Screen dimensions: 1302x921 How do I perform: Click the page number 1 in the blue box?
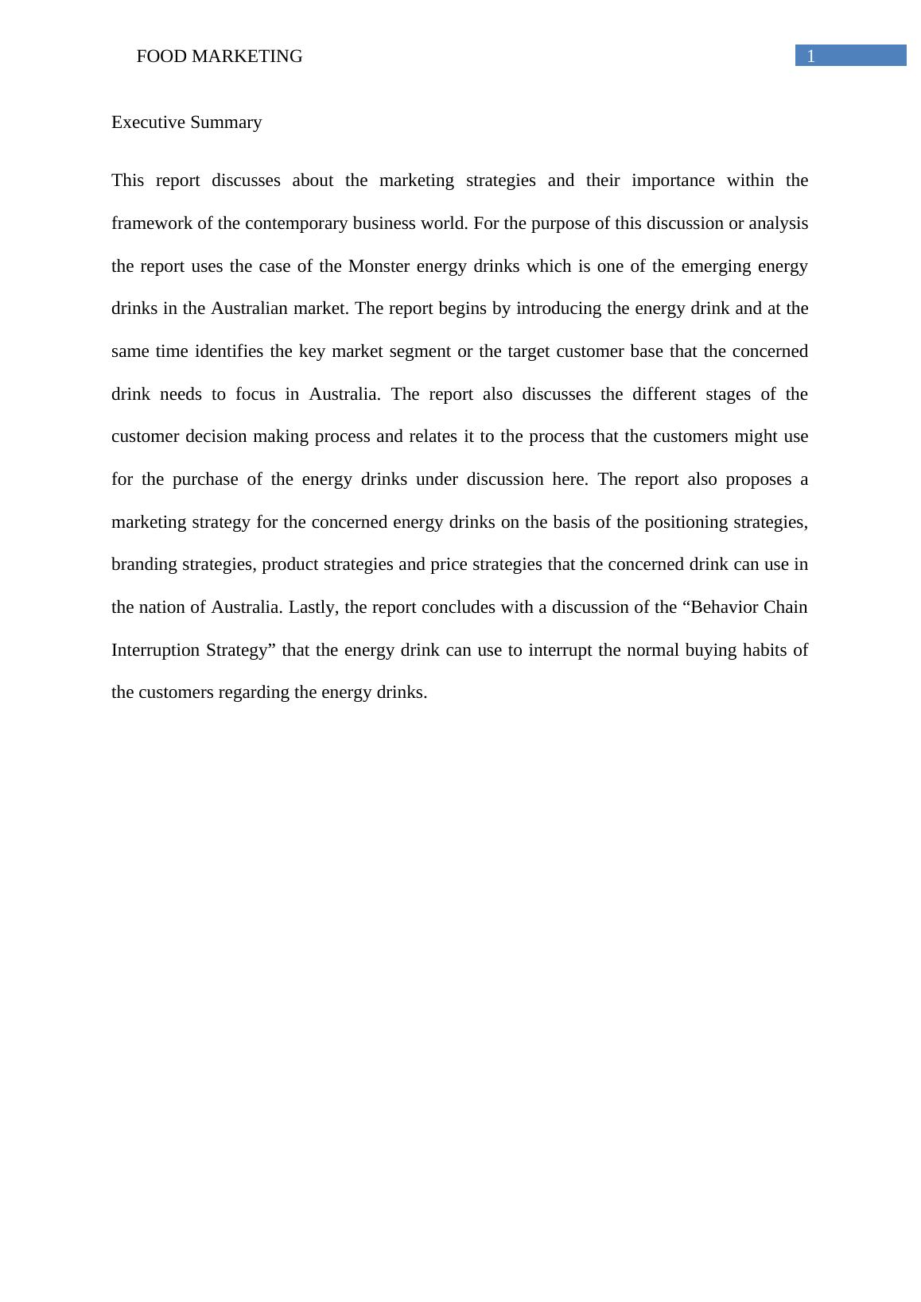(x=810, y=56)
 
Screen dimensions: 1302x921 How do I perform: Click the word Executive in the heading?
(x=142, y=122)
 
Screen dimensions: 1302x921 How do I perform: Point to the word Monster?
(x=379, y=265)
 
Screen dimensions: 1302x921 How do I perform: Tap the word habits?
(x=765, y=650)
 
